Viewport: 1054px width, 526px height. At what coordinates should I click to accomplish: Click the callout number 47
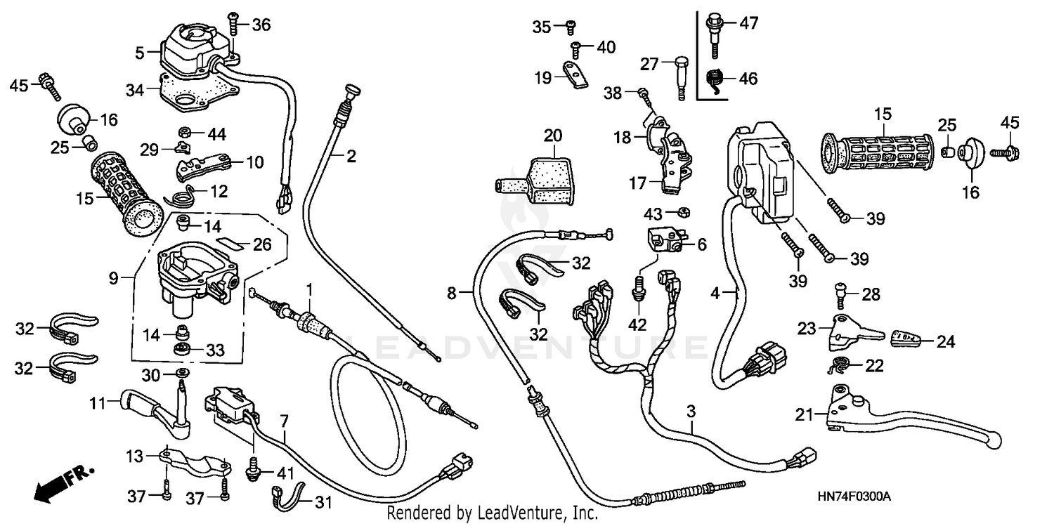(x=748, y=23)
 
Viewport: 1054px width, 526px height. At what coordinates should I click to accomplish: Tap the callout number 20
(x=553, y=134)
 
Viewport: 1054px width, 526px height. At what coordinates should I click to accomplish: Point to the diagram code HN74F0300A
(x=854, y=497)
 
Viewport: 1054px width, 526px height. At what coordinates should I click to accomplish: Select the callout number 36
(x=261, y=25)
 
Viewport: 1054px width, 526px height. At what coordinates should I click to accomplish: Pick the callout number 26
(x=261, y=244)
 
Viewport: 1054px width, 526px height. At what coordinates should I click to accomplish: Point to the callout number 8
(x=452, y=291)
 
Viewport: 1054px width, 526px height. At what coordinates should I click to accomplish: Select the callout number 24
(x=946, y=342)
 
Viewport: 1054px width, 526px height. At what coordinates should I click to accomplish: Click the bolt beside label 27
(x=680, y=74)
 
